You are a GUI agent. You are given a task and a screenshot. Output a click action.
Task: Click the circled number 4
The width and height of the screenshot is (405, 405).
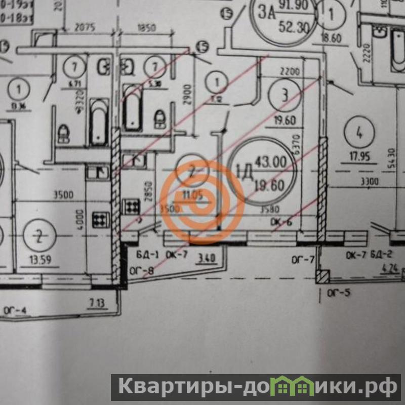(359, 134)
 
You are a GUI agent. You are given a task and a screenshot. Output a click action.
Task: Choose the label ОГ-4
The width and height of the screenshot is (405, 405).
(15, 308)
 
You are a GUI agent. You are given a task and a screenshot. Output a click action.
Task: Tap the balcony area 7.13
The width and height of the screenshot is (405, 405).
(98, 303)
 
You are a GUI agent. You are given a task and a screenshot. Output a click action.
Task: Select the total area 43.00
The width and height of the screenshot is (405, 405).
(270, 163)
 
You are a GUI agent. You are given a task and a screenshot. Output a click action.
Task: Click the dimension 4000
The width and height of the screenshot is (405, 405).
(79, 219)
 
